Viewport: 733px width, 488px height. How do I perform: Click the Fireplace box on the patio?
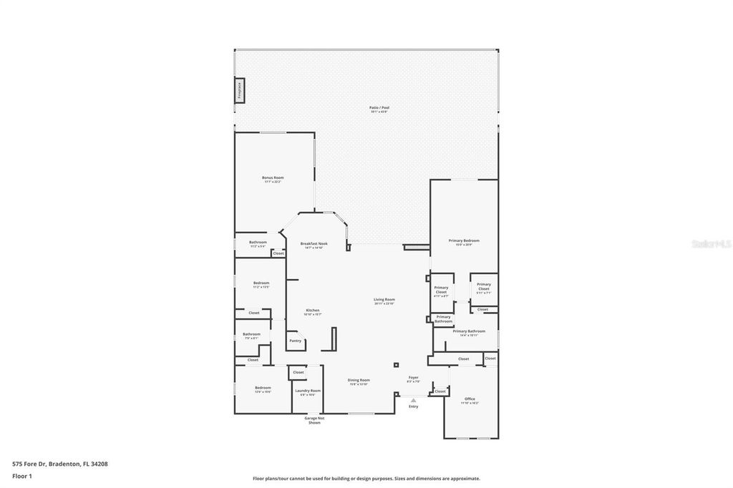coord(240,90)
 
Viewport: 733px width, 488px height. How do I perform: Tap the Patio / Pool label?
coord(379,109)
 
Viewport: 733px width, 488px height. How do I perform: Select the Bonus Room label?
coord(273,179)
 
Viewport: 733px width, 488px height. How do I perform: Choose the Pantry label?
coord(295,341)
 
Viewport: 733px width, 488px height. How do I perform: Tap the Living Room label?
coord(384,301)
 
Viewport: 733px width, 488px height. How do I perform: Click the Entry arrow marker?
coord(413,401)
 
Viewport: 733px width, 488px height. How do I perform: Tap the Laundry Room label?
coord(308,391)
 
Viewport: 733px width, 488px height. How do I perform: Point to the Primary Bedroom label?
coord(464,242)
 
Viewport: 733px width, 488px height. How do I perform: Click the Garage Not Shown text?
coord(314,420)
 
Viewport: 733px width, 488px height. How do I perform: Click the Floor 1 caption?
coord(22,475)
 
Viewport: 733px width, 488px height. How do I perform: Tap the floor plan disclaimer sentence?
coord(366,479)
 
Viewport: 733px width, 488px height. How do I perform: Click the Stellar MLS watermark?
coord(711,244)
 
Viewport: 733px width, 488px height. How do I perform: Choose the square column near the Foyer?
coord(396,365)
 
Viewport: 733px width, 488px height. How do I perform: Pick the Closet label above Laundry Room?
coord(298,372)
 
